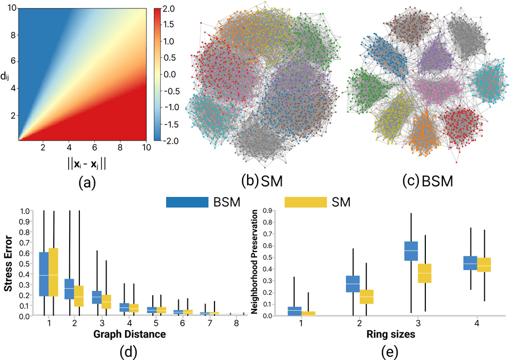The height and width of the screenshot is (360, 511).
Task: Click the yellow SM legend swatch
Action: point(305,202)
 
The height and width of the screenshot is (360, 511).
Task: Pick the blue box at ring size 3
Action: point(411,251)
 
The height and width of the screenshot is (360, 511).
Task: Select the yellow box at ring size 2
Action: point(367,296)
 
